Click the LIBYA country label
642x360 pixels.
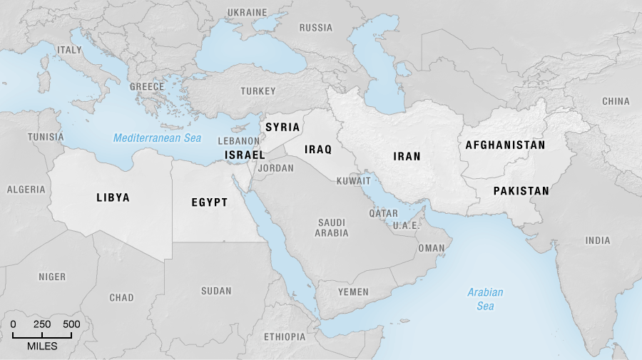[x=113, y=197]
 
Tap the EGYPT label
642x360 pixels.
[x=209, y=202]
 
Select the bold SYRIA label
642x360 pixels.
[x=282, y=127]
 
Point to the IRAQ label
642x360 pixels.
[x=318, y=149]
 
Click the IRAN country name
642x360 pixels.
[x=407, y=156]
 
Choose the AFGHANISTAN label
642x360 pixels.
[x=505, y=145]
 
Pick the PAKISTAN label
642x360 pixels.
[x=521, y=190]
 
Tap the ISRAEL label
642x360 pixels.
[x=245, y=155]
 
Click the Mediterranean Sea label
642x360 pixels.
[x=157, y=138]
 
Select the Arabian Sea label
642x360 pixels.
[x=485, y=299]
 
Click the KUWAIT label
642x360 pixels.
[x=353, y=181]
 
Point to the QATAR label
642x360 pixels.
[x=383, y=213]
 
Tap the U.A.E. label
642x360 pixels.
[x=404, y=225]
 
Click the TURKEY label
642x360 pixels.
[x=258, y=91]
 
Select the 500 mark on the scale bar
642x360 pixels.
[x=71, y=324]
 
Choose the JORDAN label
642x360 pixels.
[x=275, y=168]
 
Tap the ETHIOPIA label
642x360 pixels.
[x=284, y=336]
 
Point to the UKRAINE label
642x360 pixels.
[x=246, y=13]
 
